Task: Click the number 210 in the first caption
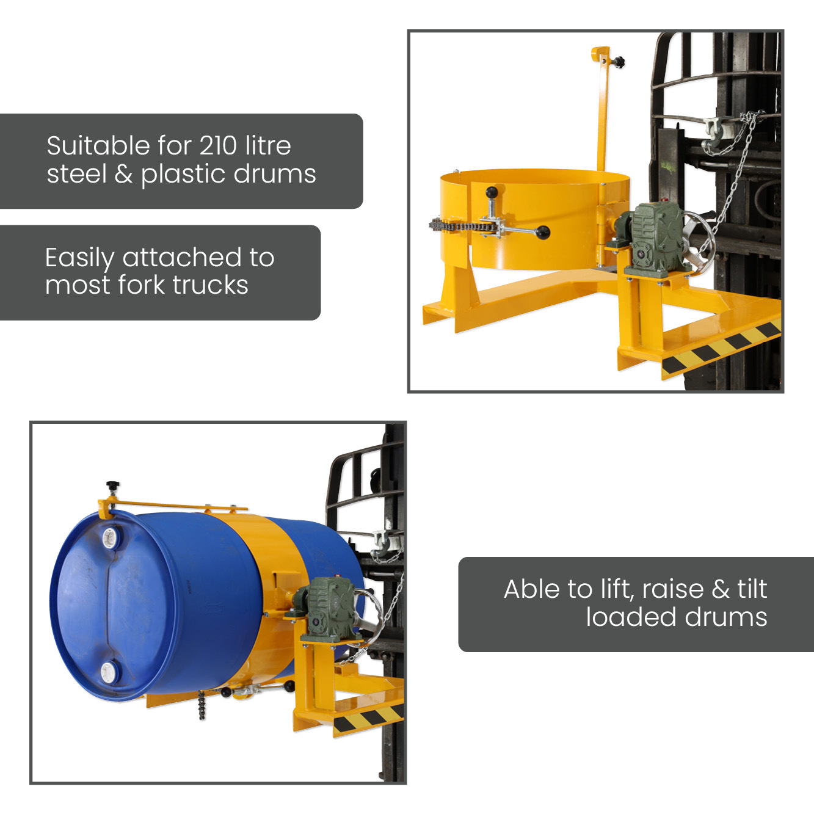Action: tap(217, 146)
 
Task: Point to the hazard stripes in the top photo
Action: tap(721, 346)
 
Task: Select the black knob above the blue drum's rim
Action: tap(113, 485)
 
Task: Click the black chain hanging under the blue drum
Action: tap(202, 705)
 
